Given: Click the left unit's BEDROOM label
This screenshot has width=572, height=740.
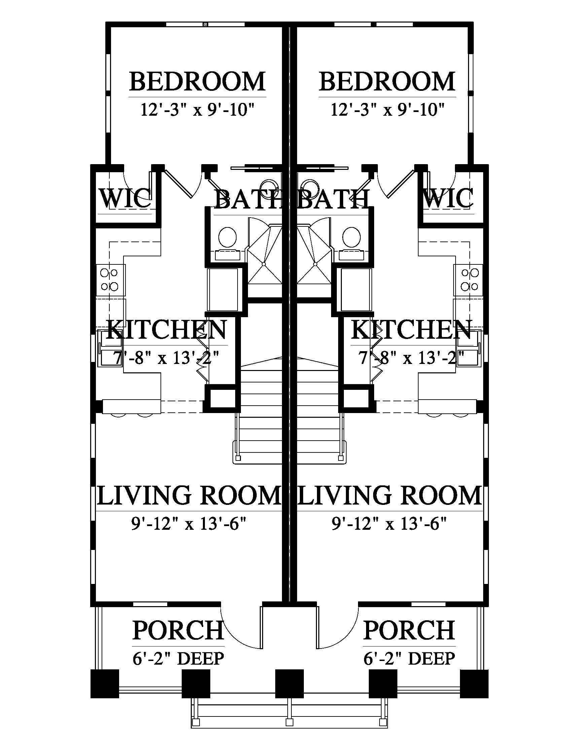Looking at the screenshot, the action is pyautogui.click(x=197, y=81).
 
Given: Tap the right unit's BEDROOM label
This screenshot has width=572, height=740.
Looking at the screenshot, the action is pyautogui.click(x=387, y=81).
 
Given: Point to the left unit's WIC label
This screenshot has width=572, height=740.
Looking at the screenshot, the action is pyautogui.click(x=126, y=198).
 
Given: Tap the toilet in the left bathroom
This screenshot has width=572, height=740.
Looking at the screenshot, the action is pyautogui.click(x=227, y=237).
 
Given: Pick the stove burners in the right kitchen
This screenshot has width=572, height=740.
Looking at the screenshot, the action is pyautogui.click(x=470, y=280).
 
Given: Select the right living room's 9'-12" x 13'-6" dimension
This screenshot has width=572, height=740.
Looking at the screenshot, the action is pyautogui.click(x=389, y=524).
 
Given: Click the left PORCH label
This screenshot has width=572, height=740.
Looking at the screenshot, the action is pyautogui.click(x=178, y=630).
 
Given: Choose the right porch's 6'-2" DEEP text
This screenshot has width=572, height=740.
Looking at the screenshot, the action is pyautogui.click(x=409, y=659).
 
